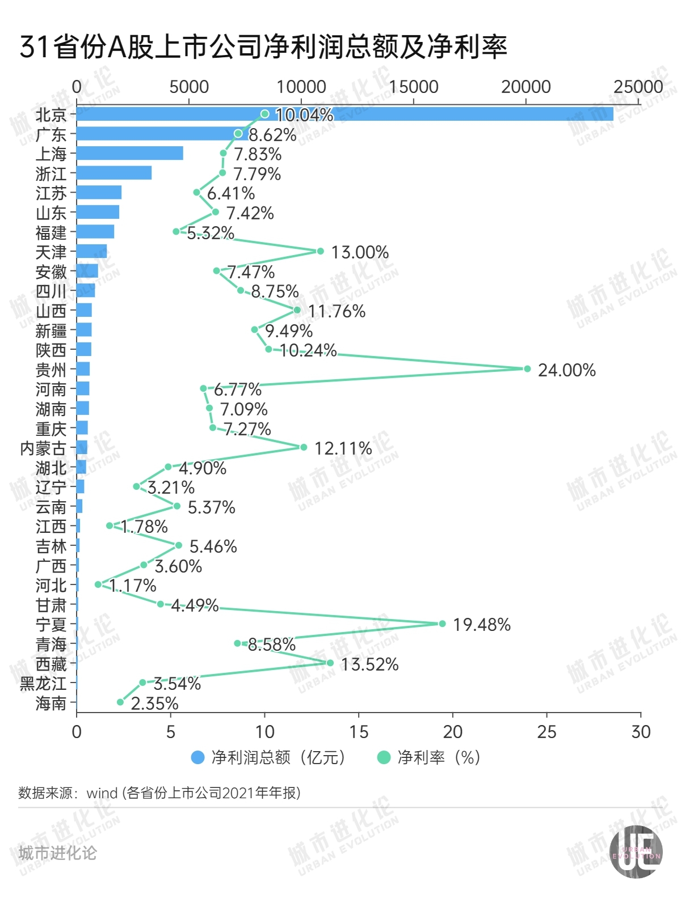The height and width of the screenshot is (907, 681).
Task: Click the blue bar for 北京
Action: pos(344,114)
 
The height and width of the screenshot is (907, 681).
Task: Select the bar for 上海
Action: pos(130,153)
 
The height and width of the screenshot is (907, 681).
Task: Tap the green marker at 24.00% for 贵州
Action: pos(527,369)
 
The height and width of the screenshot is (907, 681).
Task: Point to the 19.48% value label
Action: pos(481,625)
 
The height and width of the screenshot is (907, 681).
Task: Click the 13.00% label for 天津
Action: pos(360,252)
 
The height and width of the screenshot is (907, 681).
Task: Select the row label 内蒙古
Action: pos(43,448)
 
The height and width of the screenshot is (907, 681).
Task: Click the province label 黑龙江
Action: pos(43,684)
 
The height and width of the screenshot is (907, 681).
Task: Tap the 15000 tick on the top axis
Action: pos(414,87)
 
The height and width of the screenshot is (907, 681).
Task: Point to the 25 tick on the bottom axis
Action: pos(547,732)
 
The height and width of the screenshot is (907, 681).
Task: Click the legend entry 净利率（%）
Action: pos(430,757)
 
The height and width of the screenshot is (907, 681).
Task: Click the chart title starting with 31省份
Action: pos(263,46)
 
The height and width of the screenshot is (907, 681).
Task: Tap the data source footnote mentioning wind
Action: pos(159,792)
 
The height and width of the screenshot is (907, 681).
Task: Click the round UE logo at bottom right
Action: pos(636,852)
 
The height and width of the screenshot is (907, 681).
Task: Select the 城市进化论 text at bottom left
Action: pos(57,853)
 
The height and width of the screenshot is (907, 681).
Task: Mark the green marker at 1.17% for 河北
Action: pos(98,584)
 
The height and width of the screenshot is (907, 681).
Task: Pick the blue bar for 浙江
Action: pos(114,173)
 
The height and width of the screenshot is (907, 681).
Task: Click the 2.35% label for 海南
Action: pos(154,703)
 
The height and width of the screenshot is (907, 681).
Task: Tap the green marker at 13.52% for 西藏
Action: pos(330,663)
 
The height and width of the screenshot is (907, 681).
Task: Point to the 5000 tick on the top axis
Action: pos(189,87)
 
